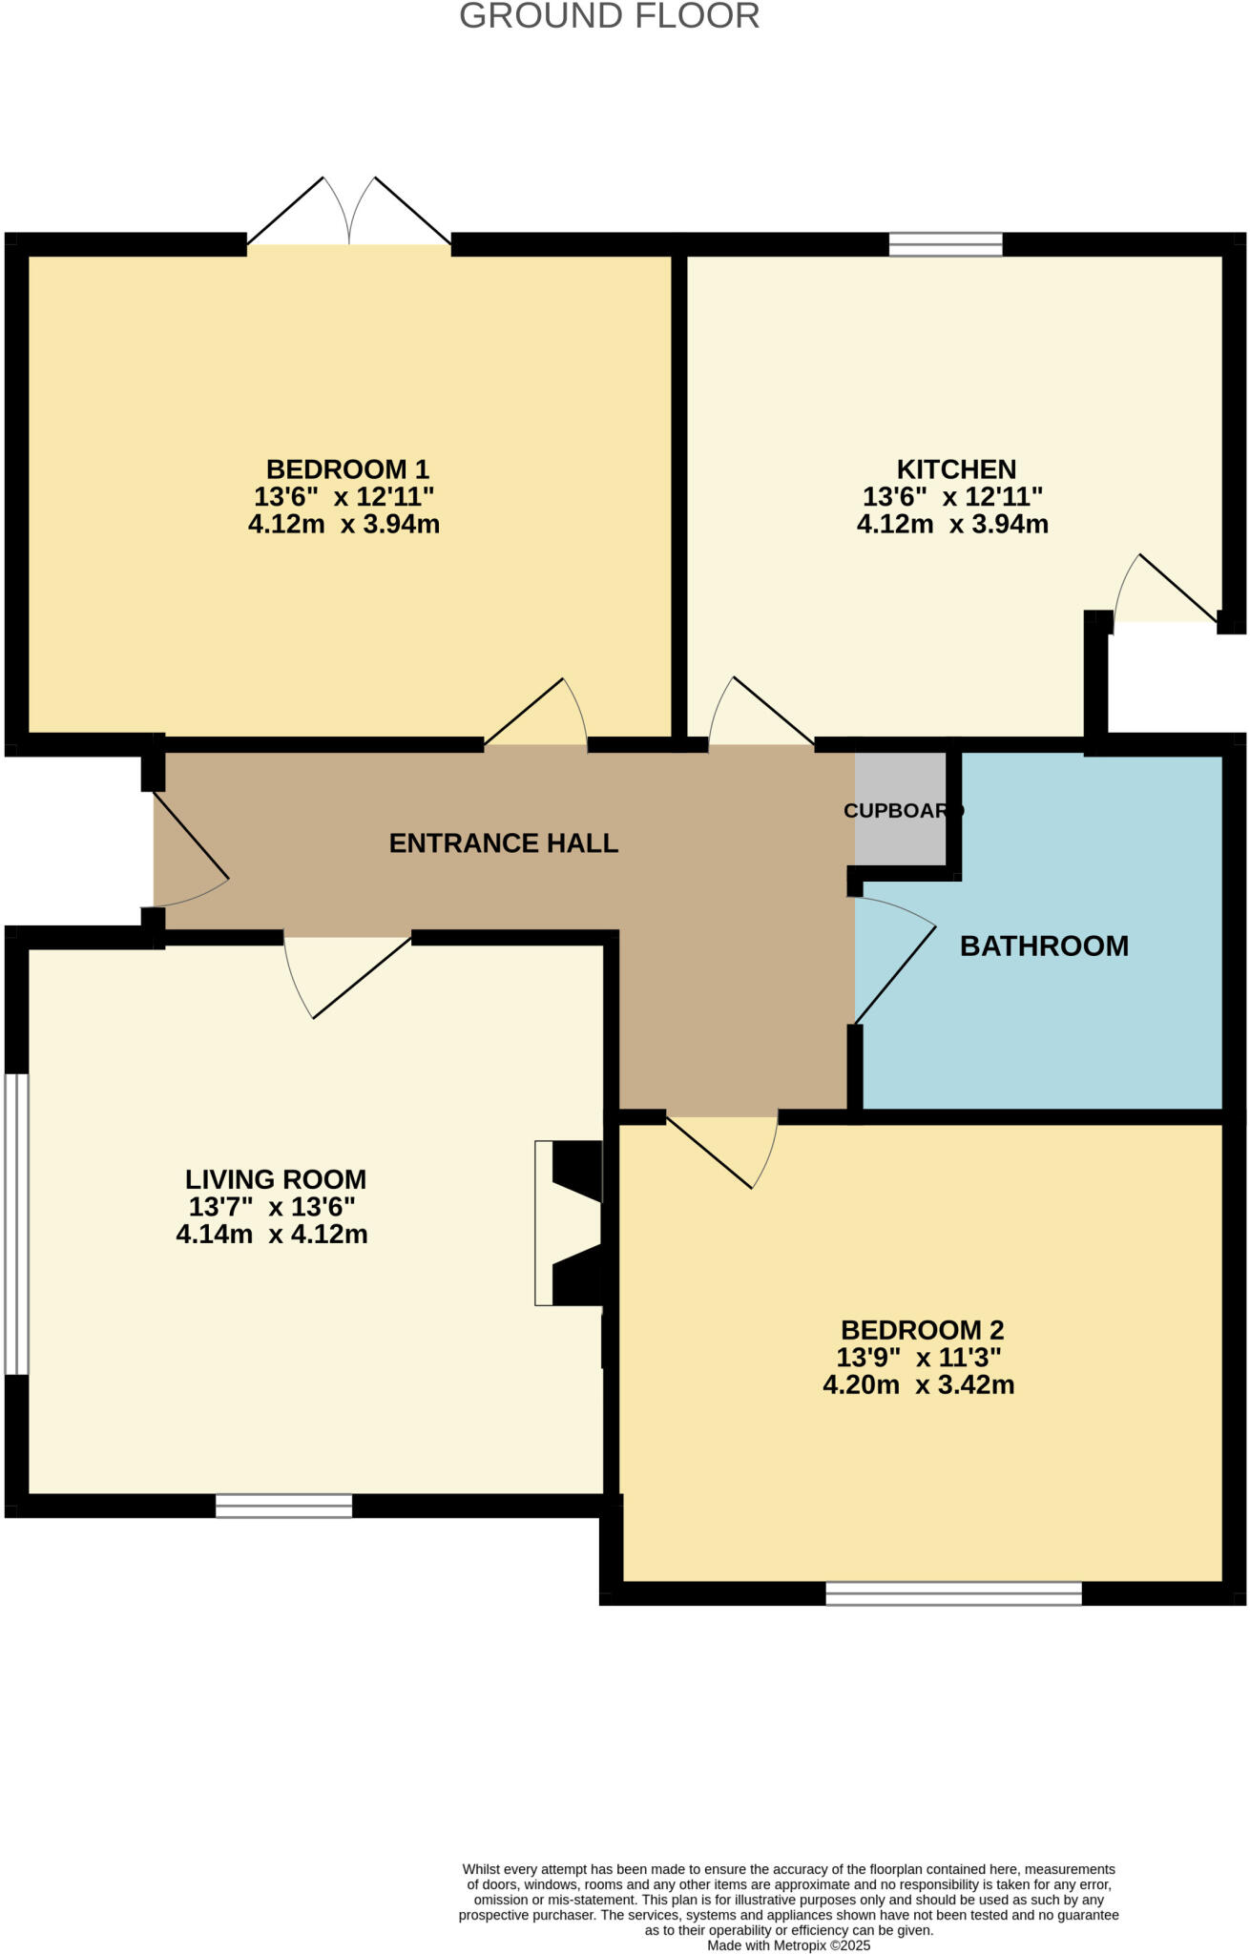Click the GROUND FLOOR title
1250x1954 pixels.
coord(609,16)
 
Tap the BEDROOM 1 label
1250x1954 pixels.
coord(347,469)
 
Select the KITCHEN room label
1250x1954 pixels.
coord(956,469)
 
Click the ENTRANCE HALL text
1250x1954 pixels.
coord(504,843)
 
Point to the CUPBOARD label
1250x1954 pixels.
coord(903,811)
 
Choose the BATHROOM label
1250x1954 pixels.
coord(1044,946)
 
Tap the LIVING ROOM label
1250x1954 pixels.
coord(276,1180)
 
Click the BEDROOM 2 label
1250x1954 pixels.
coord(922,1330)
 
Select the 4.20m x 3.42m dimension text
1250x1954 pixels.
coord(918,1385)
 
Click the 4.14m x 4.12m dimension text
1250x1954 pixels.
coord(272,1235)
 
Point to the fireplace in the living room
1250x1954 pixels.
coord(570,1222)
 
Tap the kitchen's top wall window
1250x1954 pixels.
coord(946,245)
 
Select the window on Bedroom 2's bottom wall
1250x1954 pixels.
coord(953,1593)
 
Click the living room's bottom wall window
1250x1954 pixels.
coord(283,1506)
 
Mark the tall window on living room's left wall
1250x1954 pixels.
coord(16,1224)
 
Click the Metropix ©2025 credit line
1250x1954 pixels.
coord(788,1945)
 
